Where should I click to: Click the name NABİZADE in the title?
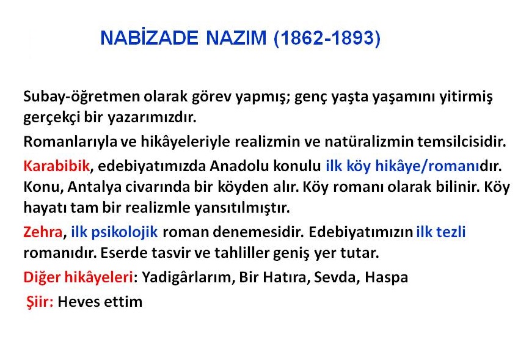[x=150, y=37]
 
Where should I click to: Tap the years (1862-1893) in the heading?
[x=327, y=38]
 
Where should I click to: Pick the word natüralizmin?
[x=369, y=142]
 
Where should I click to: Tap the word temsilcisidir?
[x=462, y=142]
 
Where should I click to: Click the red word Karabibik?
[x=56, y=166]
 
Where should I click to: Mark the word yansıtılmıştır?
[x=242, y=208]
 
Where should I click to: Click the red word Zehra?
[x=43, y=232]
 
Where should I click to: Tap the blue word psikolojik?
[x=125, y=232]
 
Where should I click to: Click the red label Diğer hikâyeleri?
[x=78, y=277]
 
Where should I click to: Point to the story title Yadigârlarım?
[x=187, y=277]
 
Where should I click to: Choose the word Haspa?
[x=386, y=277]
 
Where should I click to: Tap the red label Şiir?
[x=40, y=302]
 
